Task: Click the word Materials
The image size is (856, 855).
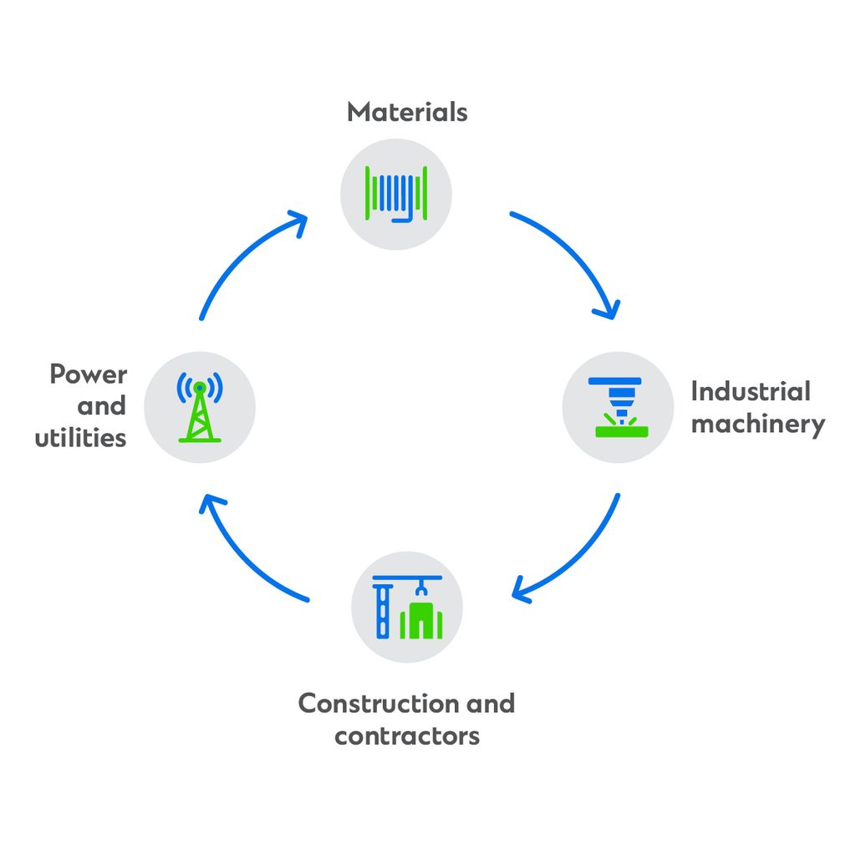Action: click(x=407, y=112)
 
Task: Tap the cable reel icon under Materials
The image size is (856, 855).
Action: click(x=396, y=194)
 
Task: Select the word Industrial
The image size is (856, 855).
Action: click(x=750, y=392)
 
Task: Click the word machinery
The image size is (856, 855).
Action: click(x=757, y=425)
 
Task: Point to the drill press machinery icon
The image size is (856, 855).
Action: click(x=617, y=406)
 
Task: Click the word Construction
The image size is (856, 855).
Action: click(x=378, y=704)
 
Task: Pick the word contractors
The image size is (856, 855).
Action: click(x=407, y=736)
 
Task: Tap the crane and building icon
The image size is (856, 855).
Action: click(x=407, y=607)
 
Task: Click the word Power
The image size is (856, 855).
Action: click(x=89, y=374)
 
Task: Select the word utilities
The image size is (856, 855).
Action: click(x=80, y=438)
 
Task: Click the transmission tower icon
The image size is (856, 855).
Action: click(x=200, y=407)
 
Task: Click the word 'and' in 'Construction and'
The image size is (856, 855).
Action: click(x=490, y=704)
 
